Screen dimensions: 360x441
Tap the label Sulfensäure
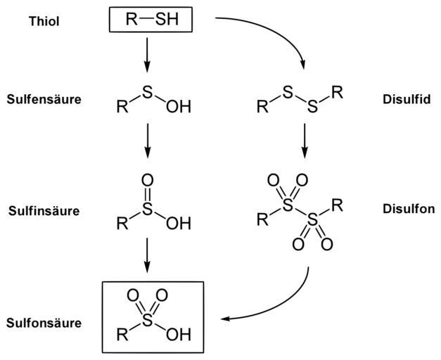(x=43, y=99)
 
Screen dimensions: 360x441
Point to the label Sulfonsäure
(x=43, y=323)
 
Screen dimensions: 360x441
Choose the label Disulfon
(x=409, y=209)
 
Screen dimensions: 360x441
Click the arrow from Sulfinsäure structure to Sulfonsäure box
(x=147, y=255)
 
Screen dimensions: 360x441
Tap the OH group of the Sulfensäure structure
(x=179, y=108)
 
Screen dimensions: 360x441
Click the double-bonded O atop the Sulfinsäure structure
(x=147, y=181)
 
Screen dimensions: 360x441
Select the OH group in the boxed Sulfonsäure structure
(x=179, y=334)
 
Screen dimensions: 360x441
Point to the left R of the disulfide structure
(x=262, y=108)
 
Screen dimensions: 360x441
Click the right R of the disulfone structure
(x=338, y=207)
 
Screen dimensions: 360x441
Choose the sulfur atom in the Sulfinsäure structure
(x=147, y=210)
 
